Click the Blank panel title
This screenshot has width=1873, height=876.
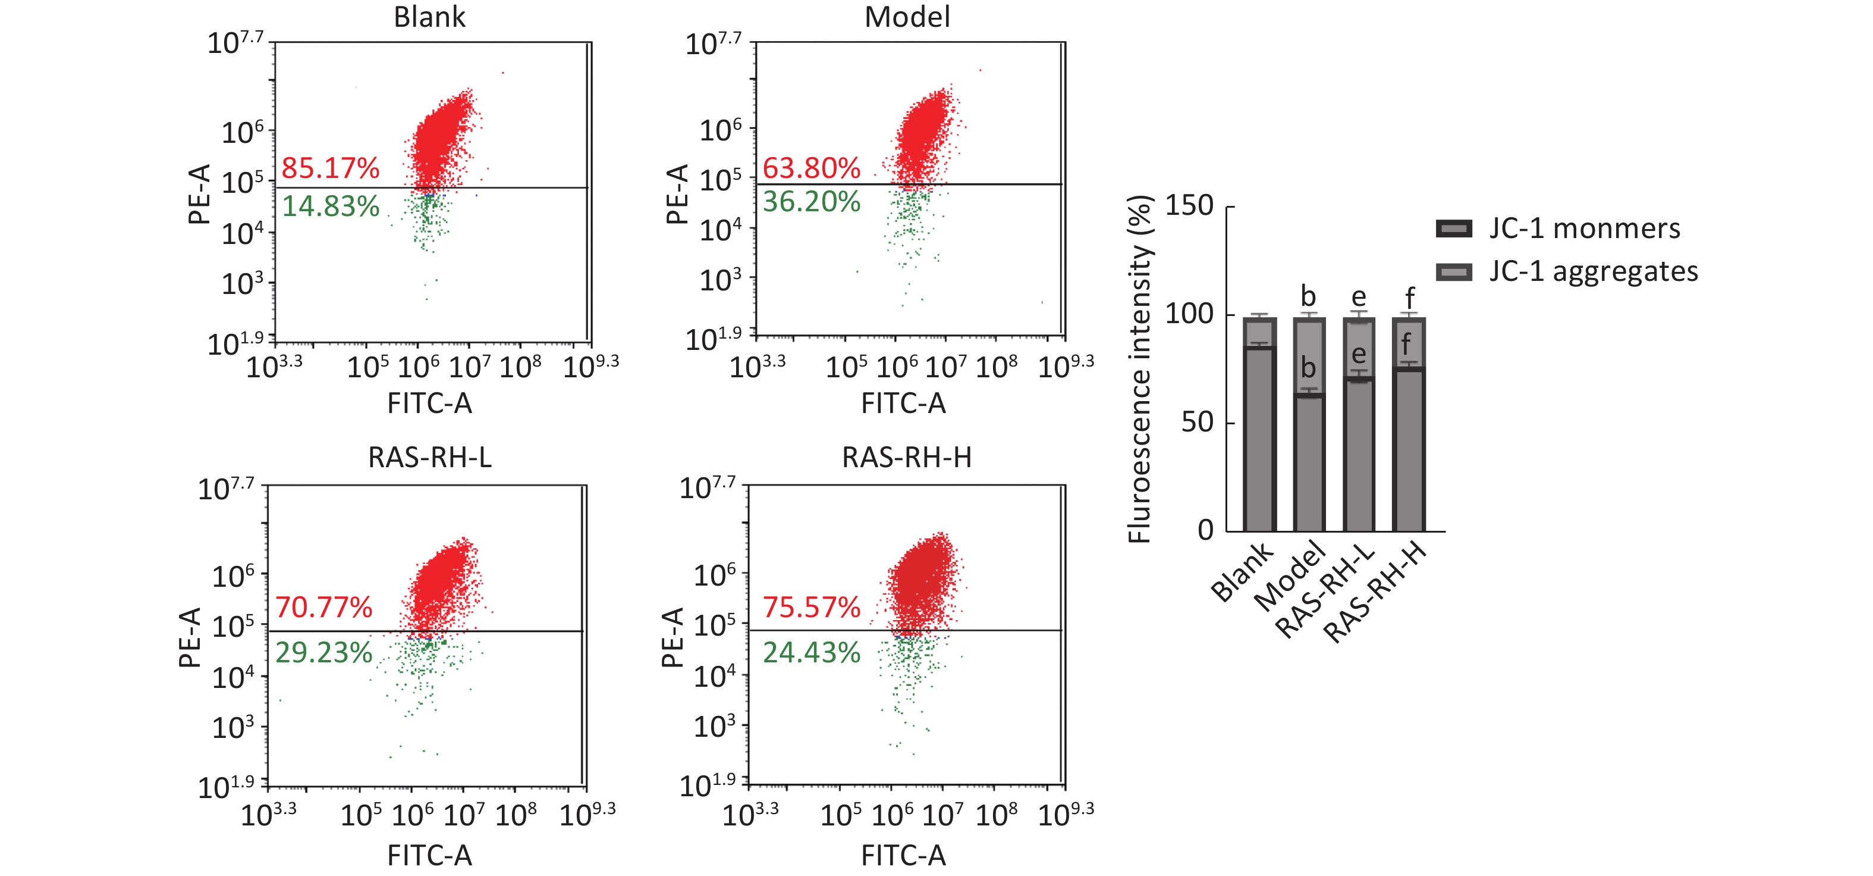429,17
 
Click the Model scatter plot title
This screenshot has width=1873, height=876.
907,17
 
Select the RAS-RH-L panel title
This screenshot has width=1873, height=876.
430,458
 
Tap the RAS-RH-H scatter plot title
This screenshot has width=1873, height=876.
907,458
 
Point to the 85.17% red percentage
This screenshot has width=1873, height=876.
330,168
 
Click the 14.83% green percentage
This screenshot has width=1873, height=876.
330,207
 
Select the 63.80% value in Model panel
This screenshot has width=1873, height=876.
810,168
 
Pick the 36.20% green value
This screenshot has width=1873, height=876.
810,202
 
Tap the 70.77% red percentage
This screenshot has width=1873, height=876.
323,607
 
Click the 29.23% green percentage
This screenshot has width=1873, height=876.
323,653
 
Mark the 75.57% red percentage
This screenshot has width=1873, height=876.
810,607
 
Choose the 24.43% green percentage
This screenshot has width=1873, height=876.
810,653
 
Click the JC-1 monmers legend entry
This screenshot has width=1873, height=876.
1583,229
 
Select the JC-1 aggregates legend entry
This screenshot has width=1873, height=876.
1592,271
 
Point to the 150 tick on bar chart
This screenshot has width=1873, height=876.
1190,206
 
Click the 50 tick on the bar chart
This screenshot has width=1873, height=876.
1198,422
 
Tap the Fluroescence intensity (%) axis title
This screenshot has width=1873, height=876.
1140,370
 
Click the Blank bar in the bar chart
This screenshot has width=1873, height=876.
1259,437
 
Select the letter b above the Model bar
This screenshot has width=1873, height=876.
1308,297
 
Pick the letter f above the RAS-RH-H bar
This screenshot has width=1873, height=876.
1409,298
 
